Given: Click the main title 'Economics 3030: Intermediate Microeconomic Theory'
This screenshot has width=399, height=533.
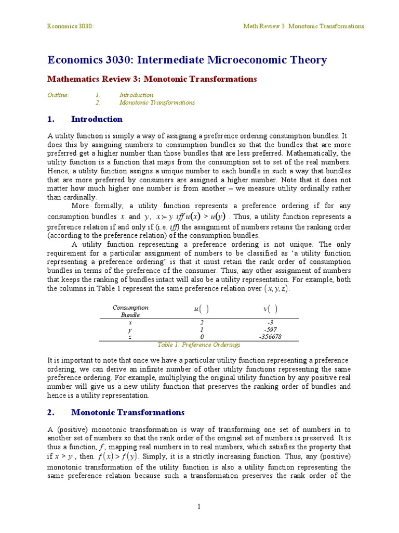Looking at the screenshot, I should tap(187, 60).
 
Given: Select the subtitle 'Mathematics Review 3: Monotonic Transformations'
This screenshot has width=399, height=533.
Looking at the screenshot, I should tap(152, 79).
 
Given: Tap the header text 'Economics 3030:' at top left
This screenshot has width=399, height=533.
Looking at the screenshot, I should tap(71, 26).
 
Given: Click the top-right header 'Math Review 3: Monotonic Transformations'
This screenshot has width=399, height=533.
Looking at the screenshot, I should tap(304, 26).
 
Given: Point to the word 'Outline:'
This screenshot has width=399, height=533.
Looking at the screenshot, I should tap(58, 95).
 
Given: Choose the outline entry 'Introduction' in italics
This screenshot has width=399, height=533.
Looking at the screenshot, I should tap(136, 95).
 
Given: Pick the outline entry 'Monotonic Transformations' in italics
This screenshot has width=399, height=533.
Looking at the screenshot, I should tap(157, 103).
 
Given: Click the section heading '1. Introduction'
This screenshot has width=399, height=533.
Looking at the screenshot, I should tap(85, 119).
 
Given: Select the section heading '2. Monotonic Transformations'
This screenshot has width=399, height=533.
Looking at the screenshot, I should tap(116, 412).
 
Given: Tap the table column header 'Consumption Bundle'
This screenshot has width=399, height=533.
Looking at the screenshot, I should tap(130, 311).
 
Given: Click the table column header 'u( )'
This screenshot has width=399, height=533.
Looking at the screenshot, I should tap(202, 309).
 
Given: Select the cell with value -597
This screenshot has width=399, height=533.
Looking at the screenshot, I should tap(270, 329).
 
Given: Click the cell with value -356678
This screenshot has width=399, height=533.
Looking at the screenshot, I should tap(270, 337).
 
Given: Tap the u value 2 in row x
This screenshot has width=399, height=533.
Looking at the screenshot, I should tap(202, 323).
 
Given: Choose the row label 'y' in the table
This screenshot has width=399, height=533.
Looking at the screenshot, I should tap(130, 329).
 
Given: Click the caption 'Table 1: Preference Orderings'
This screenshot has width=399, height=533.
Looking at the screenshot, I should tap(199, 345).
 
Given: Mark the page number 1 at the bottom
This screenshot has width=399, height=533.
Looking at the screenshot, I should tap(199, 506).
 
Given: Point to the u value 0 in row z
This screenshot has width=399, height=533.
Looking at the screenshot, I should tap(202, 337).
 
